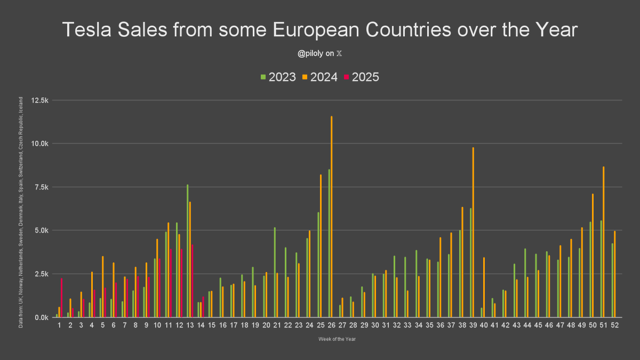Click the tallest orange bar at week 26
(331, 217)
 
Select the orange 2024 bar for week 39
(473, 232)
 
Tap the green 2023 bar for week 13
(187, 251)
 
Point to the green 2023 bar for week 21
(275, 272)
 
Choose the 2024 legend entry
(320, 77)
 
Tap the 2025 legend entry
(362, 77)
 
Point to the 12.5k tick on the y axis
(41, 100)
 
